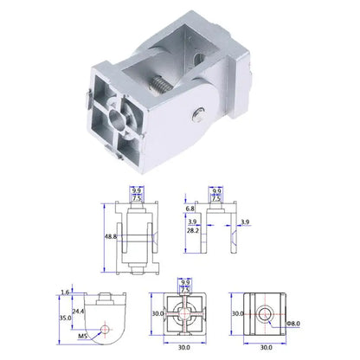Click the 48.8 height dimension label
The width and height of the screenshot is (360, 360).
[111, 236]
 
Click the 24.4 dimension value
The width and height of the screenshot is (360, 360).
[78, 309]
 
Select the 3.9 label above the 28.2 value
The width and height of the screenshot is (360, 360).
[191, 221]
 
